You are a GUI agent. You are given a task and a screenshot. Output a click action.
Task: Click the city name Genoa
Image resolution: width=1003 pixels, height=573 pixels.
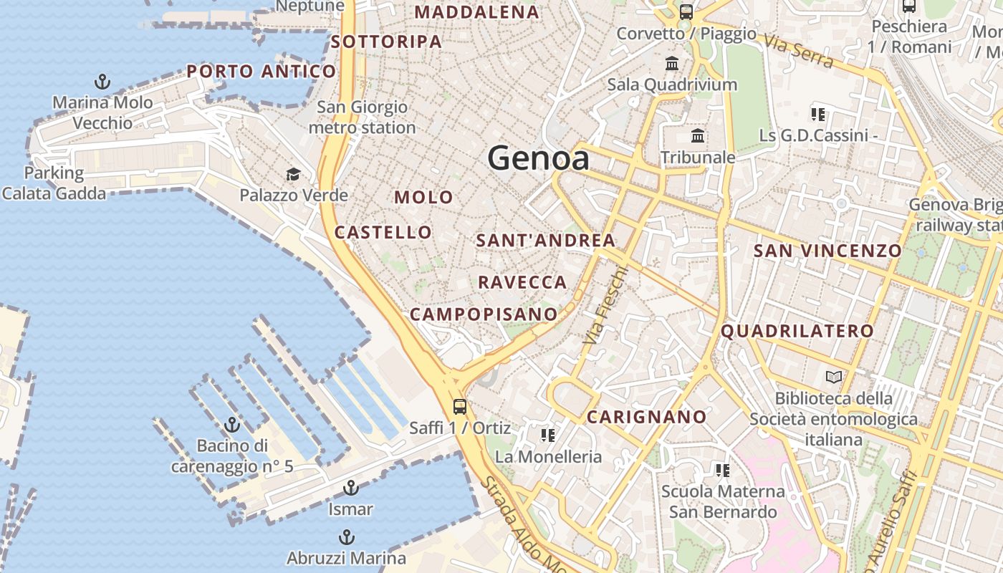coord(539,158)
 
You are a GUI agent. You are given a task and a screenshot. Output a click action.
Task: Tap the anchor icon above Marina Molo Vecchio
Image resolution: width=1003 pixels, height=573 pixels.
coord(102,82)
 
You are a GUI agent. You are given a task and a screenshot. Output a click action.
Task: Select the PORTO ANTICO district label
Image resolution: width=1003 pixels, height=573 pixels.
coord(261,71)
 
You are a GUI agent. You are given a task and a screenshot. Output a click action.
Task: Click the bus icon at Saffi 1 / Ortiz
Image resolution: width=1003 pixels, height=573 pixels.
coord(460,407)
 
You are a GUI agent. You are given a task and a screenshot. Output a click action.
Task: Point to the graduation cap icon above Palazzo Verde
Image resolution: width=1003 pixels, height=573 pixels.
coord(293,174)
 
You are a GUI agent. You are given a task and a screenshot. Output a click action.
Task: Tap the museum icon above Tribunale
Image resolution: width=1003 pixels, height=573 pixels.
coord(697,136)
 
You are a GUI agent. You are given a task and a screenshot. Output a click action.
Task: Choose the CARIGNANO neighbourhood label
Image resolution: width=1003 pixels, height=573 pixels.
coord(647,417)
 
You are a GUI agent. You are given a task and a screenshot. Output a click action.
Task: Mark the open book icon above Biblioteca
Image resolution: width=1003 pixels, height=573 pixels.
coord(833,377)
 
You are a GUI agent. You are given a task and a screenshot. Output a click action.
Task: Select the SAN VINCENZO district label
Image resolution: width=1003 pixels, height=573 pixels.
coord(827,251)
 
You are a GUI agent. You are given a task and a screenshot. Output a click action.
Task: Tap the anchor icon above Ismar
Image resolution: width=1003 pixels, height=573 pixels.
coord(350,488)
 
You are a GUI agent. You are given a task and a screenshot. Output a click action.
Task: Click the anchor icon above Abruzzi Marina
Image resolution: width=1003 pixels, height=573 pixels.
coord(346,537)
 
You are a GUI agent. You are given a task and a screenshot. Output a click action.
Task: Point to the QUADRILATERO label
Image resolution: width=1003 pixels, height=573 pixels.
coord(797,331)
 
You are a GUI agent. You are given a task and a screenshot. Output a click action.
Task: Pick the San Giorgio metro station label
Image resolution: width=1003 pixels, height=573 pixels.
coord(362,117)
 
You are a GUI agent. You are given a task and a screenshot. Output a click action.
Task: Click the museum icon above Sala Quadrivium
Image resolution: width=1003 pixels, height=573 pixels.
coord(672,64)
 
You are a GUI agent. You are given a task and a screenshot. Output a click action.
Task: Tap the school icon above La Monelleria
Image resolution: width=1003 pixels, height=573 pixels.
coord(548,435)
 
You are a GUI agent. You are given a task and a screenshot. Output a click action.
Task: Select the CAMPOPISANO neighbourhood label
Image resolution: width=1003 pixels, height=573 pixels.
coord(484,314)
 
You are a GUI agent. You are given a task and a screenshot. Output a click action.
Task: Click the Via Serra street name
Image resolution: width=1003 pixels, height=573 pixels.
coord(799,51)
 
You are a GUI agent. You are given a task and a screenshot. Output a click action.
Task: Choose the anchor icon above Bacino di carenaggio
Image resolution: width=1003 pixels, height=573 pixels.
coord(231,425)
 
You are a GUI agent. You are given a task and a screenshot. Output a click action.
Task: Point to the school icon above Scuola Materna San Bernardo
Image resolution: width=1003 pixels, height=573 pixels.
coord(722,471)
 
